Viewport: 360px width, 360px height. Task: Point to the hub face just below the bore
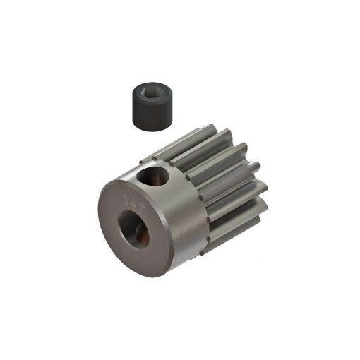tap(138, 258)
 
